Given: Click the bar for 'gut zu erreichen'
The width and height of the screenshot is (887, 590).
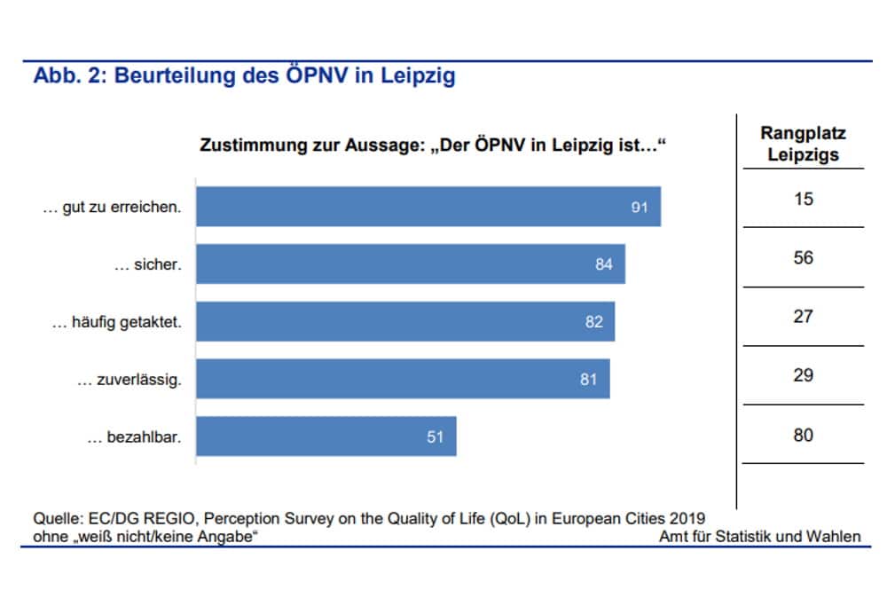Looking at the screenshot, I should [428, 207].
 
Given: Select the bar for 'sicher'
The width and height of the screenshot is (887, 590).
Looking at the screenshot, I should [410, 264].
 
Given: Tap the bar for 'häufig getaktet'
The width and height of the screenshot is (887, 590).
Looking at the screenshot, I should [404, 321].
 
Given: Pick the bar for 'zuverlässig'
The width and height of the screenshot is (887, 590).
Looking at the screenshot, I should [402, 379].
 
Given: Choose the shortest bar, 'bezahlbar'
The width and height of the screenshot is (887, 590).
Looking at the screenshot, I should [326, 437].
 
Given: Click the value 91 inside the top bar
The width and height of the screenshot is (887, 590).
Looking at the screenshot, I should [640, 208].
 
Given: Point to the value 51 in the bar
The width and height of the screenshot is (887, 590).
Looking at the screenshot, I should [435, 437].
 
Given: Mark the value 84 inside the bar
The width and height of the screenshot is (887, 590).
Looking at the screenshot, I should [604, 264].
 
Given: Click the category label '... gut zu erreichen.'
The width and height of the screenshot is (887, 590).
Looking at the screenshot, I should [113, 208].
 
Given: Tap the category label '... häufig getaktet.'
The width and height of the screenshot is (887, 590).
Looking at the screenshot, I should [116, 322].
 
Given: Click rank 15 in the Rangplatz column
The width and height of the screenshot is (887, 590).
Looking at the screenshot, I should [803, 200].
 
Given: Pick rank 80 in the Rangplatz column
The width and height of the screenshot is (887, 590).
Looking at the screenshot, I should [803, 436].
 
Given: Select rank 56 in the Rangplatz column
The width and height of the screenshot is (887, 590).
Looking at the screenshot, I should [803, 258].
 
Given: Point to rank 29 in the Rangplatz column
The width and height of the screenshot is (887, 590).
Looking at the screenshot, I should [803, 375].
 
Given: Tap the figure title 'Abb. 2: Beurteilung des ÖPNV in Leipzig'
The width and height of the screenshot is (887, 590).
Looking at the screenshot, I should [244, 76].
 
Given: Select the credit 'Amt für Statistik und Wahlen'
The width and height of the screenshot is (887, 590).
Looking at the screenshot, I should [760, 537].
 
